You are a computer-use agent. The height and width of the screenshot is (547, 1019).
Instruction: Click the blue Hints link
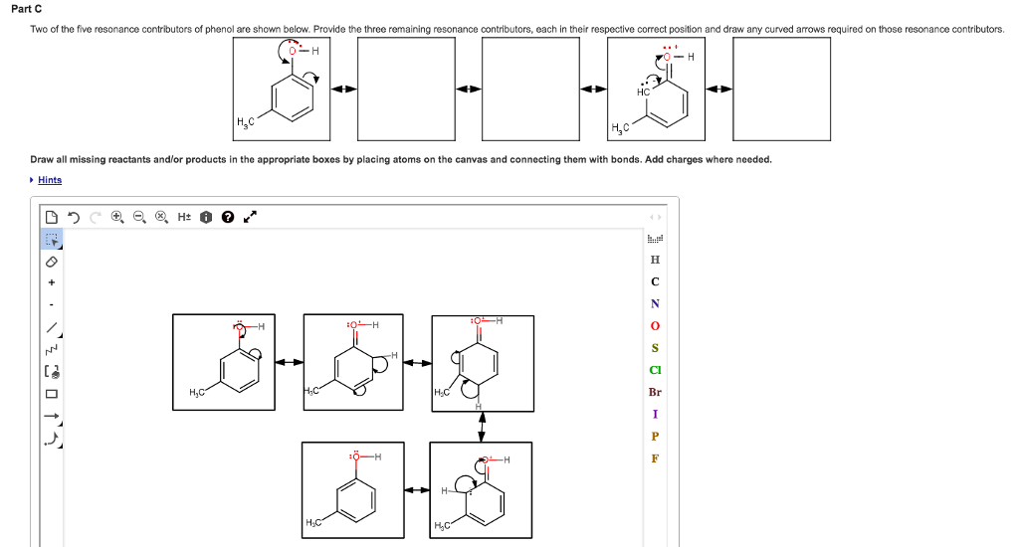point(50,180)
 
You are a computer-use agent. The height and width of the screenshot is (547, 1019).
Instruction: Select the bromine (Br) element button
point(654,392)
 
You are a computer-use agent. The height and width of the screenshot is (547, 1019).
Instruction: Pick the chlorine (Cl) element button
point(654,370)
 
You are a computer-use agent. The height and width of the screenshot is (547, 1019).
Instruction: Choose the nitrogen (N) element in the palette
point(654,303)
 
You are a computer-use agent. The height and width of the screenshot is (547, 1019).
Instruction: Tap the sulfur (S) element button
point(654,348)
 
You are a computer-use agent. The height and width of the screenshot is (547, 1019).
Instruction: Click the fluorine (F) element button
point(654,458)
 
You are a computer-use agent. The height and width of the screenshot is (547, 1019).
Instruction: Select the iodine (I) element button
point(654,414)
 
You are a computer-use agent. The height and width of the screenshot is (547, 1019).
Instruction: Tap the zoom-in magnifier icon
point(117,216)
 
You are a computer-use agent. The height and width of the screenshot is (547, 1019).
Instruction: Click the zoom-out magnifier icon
point(138,216)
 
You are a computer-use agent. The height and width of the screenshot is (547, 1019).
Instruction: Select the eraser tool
point(52,262)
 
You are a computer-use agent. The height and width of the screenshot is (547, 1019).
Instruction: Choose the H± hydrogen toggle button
point(184,216)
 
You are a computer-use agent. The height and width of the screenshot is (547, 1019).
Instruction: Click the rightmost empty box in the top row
point(781,90)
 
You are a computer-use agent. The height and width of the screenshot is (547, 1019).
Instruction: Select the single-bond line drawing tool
point(52,327)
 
